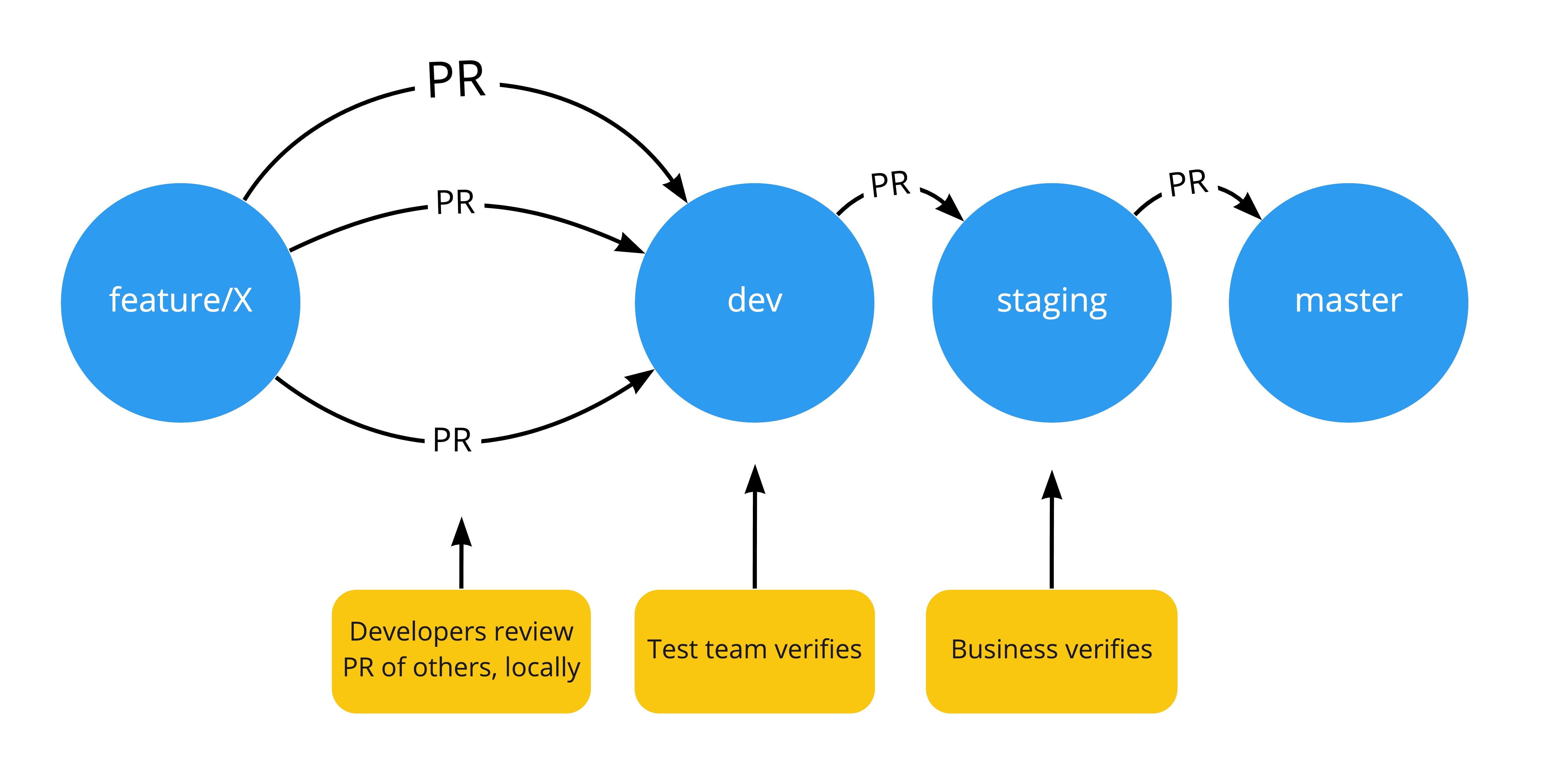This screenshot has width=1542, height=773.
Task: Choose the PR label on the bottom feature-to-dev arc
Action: coord(452,441)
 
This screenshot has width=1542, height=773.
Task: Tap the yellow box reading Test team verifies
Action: coord(754,651)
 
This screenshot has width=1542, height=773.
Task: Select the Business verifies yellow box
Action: coord(1051,651)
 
